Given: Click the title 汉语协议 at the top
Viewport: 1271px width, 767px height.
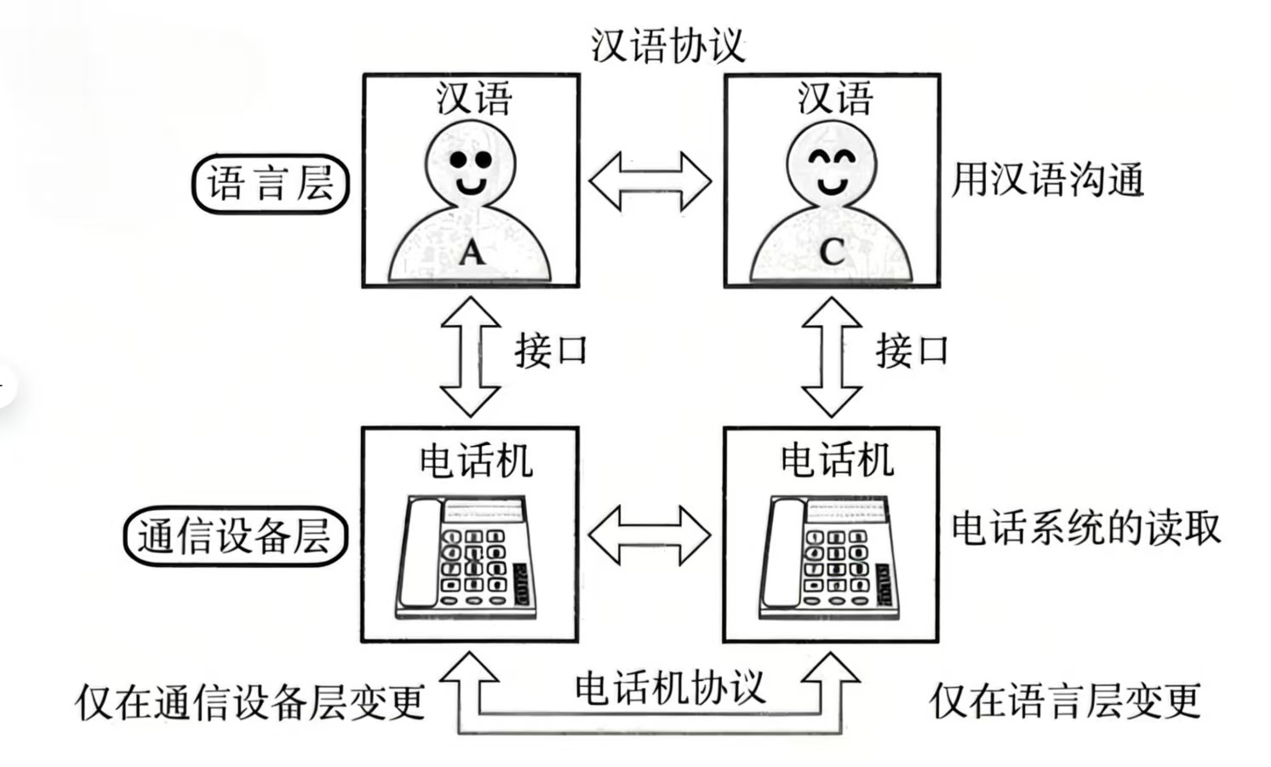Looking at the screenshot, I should click(667, 44).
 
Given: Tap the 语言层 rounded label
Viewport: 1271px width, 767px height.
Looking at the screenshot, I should click(271, 183).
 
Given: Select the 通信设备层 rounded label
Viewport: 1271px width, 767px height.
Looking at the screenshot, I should click(235, 536).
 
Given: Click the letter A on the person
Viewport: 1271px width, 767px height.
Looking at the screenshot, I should click(471, 252).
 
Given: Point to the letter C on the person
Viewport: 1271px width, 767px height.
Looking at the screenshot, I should click(832, 251).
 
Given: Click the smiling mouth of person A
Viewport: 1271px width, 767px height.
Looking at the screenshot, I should click(471, 185).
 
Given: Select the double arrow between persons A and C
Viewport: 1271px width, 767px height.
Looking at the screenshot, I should click(650, 181).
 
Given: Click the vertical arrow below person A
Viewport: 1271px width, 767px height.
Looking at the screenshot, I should click(470, 356).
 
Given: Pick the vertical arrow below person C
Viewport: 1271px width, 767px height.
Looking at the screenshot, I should click(832, 356).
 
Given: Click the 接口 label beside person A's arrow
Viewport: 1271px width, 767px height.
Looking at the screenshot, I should click(551, 350).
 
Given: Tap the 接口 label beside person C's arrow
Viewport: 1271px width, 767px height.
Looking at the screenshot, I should click(913, 350).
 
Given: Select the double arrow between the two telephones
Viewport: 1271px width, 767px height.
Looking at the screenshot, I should click(650, 535).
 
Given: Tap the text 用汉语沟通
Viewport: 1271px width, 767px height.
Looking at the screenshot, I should click(1047, 180).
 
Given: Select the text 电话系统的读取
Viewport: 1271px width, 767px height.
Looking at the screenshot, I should click(1086, 528).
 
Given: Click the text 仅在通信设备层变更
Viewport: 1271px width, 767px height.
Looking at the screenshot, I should click(250, 702).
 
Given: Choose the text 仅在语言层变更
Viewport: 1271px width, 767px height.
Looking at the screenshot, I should click(1065, 701).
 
